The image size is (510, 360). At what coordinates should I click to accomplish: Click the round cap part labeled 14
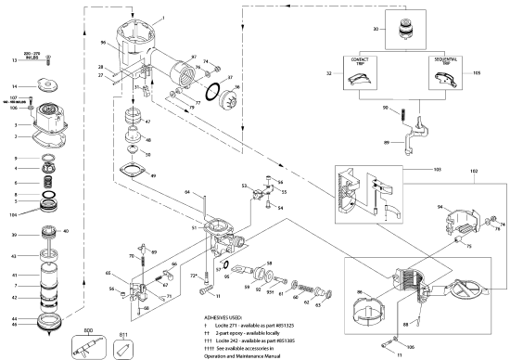click(x=47, y=86)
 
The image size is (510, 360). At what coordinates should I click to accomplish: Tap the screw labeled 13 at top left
click(x=47, y=61)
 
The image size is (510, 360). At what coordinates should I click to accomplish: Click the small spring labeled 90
click(x=404, y=113)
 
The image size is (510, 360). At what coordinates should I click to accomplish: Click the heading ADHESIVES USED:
click(x=227, y=316)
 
